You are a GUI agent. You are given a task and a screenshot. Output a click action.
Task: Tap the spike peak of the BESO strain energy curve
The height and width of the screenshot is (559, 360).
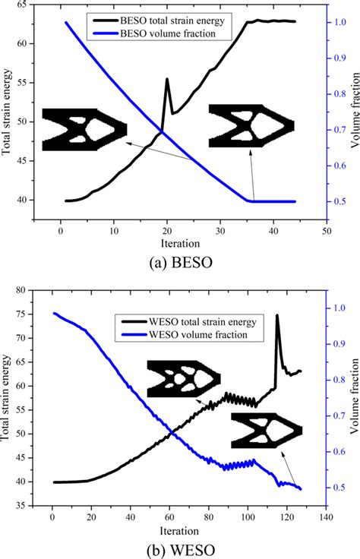[x=167, y=79]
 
